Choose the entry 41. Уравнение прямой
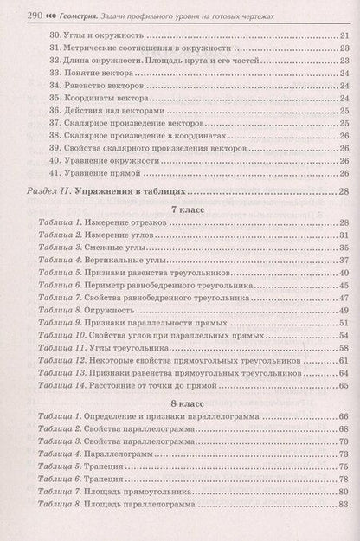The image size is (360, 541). [90, 173]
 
